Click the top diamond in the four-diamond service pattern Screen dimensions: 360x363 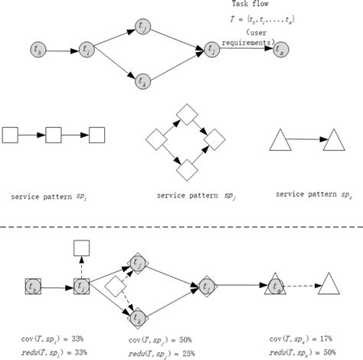click(x=185, y=116)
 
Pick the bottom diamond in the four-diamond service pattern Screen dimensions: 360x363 click(x=185, y=162)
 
